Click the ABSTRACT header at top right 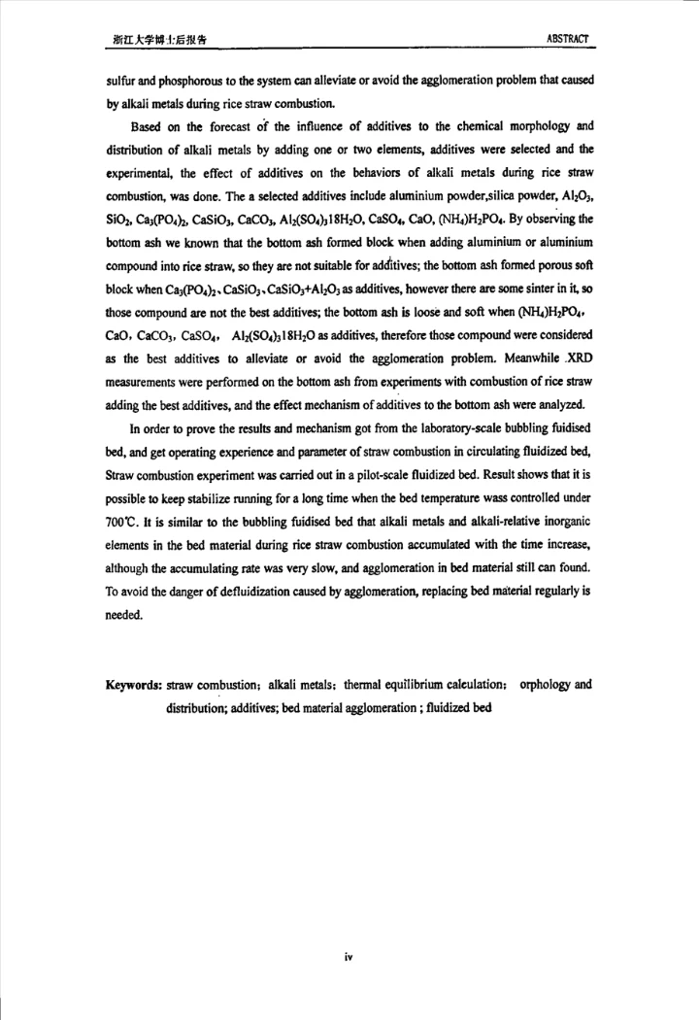568,39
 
